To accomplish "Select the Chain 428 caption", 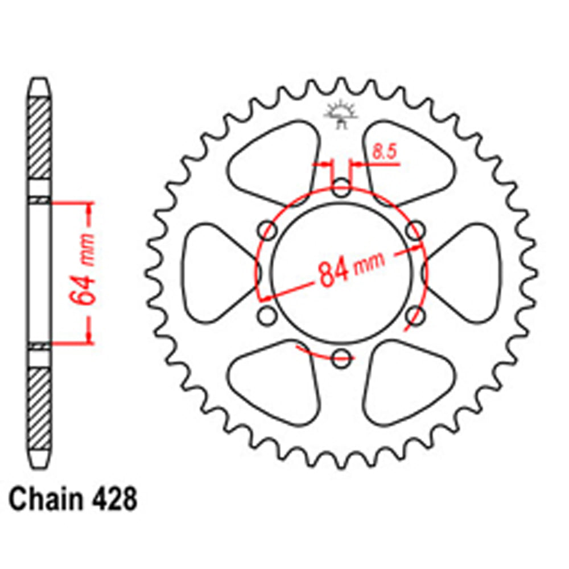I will click(73, 501).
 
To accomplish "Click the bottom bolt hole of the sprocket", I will click(341, 358).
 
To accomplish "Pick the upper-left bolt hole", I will click(268, 231).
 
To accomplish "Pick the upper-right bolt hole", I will click(417, 231).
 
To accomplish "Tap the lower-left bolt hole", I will click(267, 315).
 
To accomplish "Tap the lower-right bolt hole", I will click(417, 315).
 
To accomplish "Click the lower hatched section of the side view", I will click(39, 407).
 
